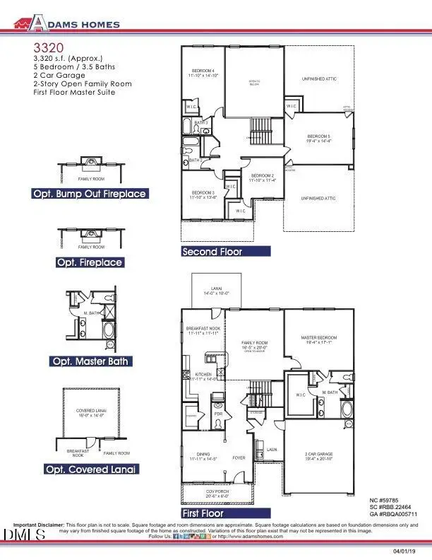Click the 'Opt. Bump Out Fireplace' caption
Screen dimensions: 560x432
(x=89, y=194)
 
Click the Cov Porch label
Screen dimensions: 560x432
(x=216, y=493)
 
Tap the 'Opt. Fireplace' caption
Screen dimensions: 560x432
(x=90, y=262)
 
